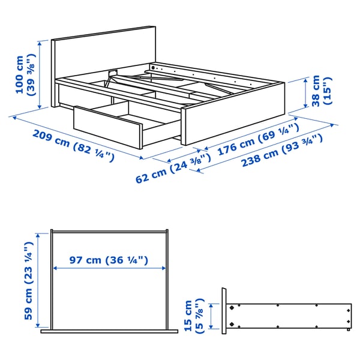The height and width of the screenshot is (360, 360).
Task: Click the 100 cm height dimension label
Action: [x=25, y=73]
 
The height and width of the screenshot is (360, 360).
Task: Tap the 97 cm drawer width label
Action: [x=108, y=260]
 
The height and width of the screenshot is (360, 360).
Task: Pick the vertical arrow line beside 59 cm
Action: [x=40, y=281]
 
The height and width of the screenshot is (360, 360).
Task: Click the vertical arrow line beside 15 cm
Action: [x=207, y=314]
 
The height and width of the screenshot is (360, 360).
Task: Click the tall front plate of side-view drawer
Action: [x=224, y=312]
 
